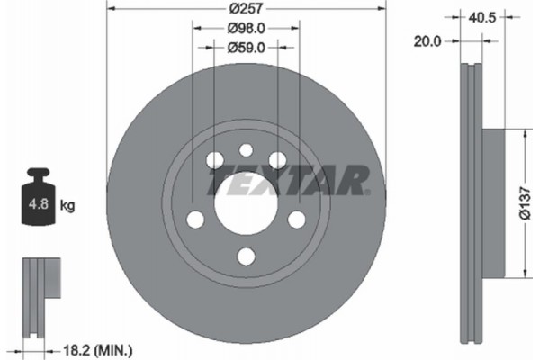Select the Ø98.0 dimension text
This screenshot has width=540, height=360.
tap(246, 29)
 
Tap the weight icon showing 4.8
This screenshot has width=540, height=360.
tap(38, 201)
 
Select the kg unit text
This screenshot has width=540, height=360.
tap(67, 206)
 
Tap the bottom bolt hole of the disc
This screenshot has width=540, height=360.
tap(246, 256)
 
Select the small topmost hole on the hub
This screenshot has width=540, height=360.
tap(246, 151)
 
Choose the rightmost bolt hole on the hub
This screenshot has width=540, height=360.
tap(296, 219)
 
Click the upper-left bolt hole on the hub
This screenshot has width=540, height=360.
tap(214, 160)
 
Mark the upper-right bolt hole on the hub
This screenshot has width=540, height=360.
tap(277, 160)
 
